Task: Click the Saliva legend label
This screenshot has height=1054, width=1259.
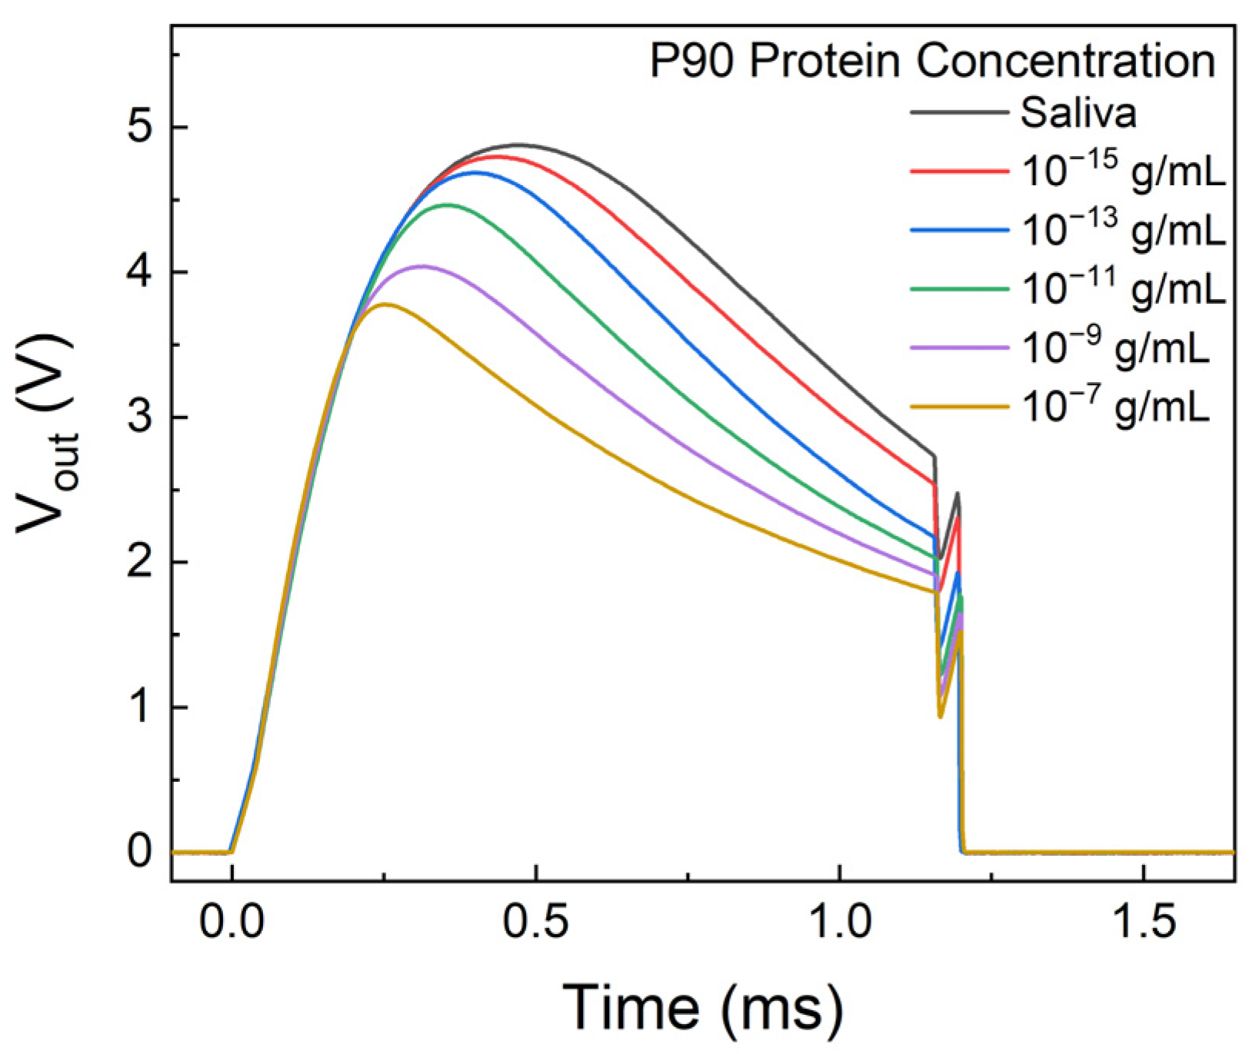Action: pos(1077,113)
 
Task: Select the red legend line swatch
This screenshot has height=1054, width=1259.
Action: pos(958,171)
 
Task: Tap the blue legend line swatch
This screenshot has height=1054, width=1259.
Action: pos(958,230)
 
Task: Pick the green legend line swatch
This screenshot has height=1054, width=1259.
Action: pos(958,289)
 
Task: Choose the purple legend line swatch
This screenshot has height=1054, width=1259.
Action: pos(958,347)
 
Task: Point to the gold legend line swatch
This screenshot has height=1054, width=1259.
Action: pos(958,407)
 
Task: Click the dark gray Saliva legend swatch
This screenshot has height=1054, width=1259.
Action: pos(958,112)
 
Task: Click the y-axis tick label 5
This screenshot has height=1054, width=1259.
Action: pos(139,128)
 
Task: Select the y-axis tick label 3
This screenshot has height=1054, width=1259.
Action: pos(139,417)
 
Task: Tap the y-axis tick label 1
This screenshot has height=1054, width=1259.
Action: pos(139,707)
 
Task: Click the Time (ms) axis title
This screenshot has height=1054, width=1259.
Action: pos(703,1006)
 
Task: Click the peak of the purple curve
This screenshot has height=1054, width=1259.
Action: pos(421,266)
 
